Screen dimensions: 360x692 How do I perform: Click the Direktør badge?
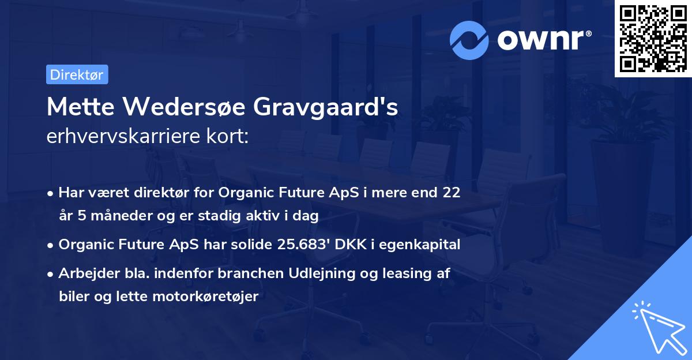(77, 74)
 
